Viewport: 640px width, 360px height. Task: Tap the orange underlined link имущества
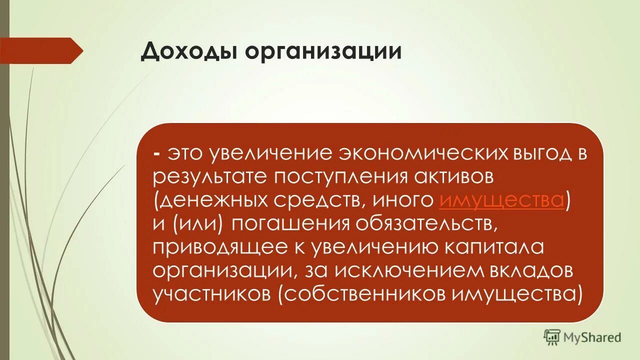pyautogui.click(x=502, y=200)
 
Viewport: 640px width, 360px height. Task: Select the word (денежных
pyautogui.click(x=210, y=200)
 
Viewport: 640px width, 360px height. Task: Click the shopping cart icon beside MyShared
pyautogui.click(x=552, y=337)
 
